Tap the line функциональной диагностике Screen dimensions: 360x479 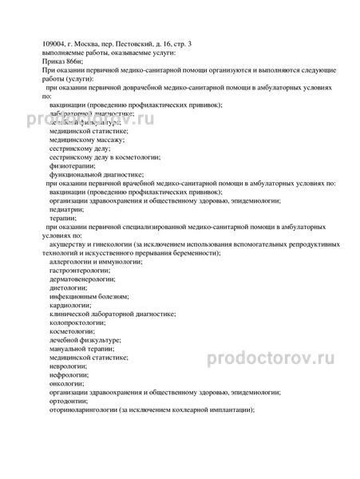tap(97, 174)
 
